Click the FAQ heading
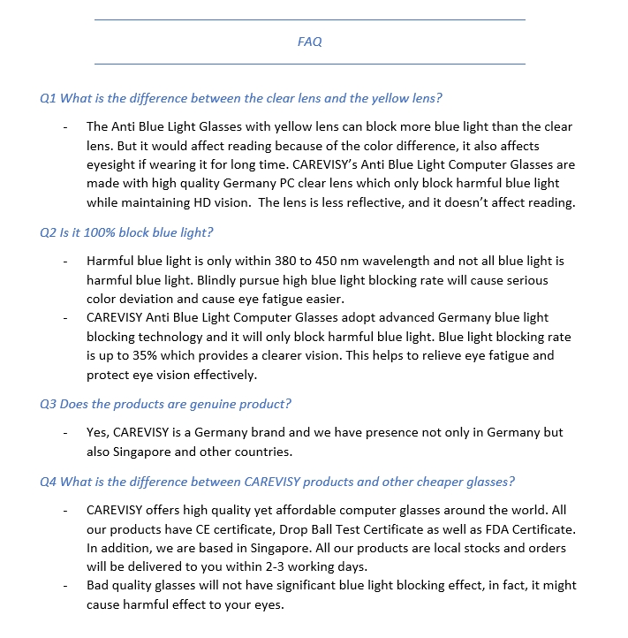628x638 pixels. [309, 42]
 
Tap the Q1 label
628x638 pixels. [49, 98]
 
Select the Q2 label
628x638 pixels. [49, 232]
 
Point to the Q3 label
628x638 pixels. [49, 404]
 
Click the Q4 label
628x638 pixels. [49, 482]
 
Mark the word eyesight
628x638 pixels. [114, 164]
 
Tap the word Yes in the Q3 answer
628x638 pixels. [97, 433]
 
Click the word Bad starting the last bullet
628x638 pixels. [99, 586]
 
